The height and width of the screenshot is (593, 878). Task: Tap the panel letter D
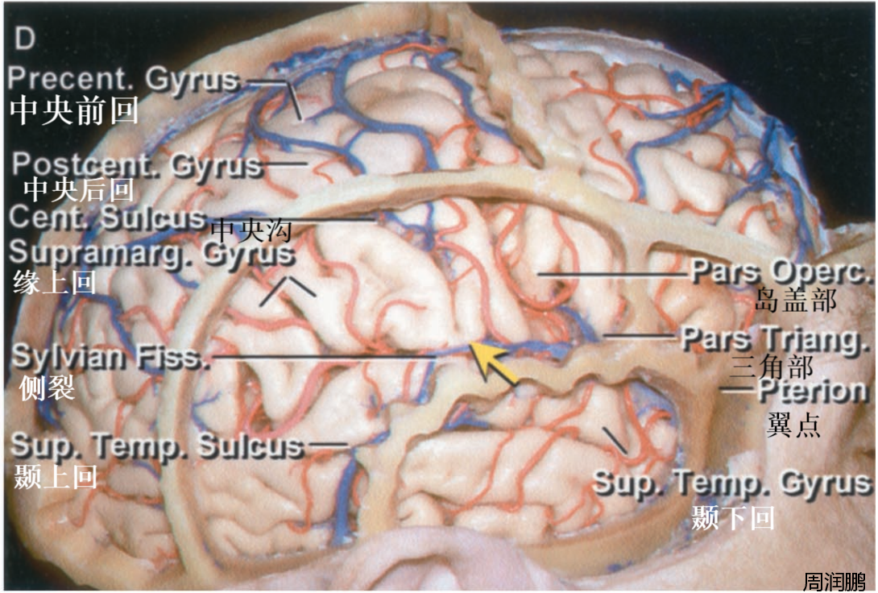[x=25, y=39]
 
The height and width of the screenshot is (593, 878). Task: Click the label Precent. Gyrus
[x=123, y=80]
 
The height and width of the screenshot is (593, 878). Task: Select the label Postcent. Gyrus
[x=138, y=165]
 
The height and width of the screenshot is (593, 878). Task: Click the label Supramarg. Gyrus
[x=151, y=253]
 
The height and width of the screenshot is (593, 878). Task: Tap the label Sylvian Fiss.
[x=111, y=356]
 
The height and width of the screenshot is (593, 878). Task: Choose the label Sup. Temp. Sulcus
[x=158, y=446]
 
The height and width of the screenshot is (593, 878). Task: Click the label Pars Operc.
[x=781, y=272]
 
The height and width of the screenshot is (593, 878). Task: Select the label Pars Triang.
[x=776, y=339]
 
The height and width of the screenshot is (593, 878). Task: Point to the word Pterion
[x=813, y=392]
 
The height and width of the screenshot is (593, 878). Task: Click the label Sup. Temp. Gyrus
[x=732, y=483]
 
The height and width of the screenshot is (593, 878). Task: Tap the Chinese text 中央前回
[x=74, y=110]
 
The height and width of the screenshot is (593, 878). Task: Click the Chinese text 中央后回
[x=78, y=190]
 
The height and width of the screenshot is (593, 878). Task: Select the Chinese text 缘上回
[x=55, y=283]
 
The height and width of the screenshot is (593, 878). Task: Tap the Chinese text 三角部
[x=771, y=367]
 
